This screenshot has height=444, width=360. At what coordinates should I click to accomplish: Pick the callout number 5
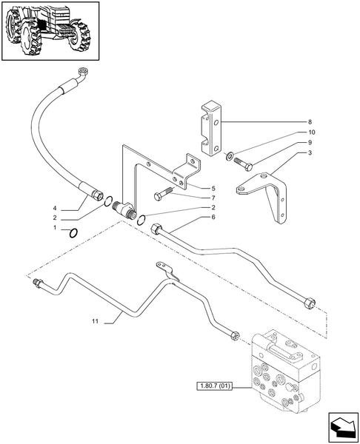tap(213, 189)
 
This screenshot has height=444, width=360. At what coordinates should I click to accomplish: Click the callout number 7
tap(213, 198)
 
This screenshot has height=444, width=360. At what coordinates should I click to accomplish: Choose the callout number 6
tap(213, 217)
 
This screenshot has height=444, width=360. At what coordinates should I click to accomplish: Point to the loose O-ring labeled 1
tap(72, 234)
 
